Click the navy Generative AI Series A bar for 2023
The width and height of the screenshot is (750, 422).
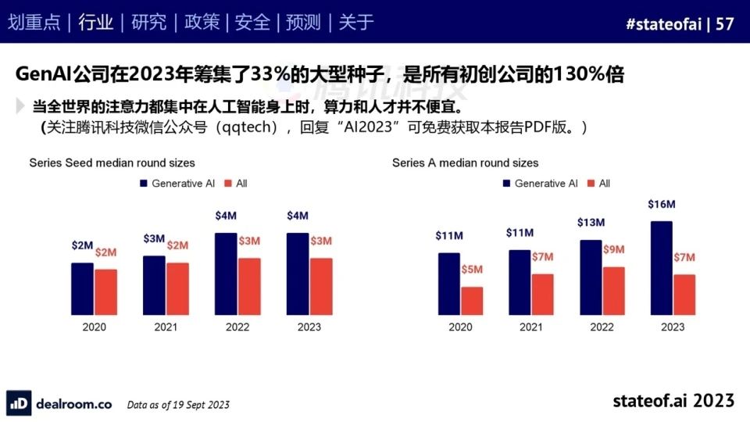point(661,267)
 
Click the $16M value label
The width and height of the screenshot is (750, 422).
point(661,205)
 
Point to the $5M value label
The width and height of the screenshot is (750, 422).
point(472,270)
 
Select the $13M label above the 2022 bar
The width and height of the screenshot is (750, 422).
point(591,223)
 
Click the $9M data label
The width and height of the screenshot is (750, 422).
point(613,249)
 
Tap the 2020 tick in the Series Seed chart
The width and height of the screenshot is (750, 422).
point(94,327)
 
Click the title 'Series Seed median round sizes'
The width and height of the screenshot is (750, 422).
point(112,163)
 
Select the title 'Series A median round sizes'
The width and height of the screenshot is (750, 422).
point(465,163)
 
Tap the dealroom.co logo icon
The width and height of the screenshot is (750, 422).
point(20,403)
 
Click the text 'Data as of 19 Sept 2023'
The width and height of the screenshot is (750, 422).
point(178,405)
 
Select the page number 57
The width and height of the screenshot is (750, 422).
point(725,23)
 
